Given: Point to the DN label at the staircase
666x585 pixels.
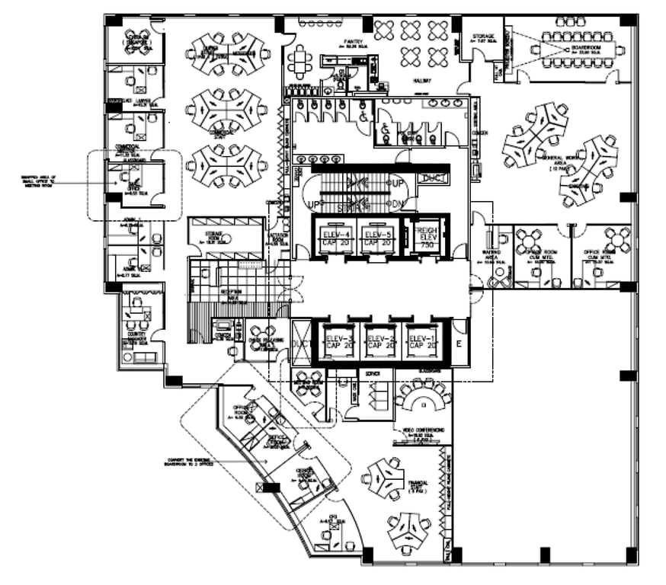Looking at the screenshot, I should [x=397, y=204].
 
